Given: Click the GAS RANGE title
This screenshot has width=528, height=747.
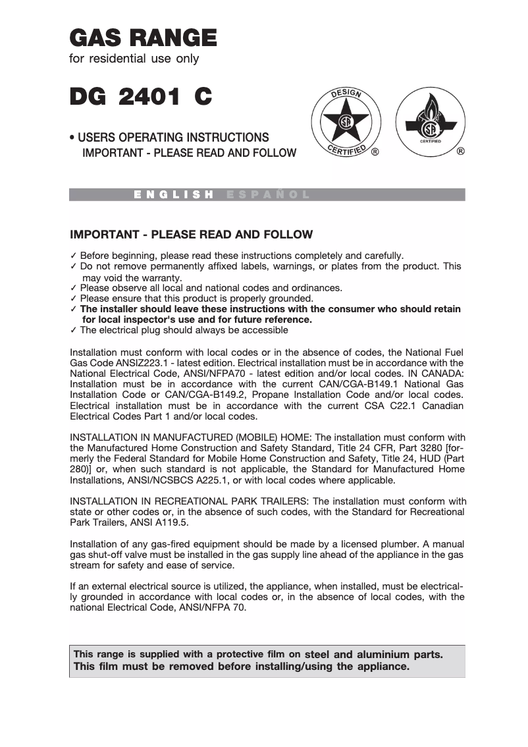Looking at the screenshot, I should tap(143, 37).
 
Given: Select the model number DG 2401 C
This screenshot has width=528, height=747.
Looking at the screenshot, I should tap(141, 97).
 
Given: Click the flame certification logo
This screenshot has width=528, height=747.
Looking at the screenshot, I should tap(431, 122).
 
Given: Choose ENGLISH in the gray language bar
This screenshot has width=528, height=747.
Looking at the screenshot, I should tap(174, 195).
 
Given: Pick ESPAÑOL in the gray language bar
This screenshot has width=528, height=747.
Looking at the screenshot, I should tap(267, 195).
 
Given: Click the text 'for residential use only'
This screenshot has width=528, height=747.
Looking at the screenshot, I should tap(134, 59).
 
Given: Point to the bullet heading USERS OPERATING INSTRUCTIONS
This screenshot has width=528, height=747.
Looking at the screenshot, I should tap(172, 138).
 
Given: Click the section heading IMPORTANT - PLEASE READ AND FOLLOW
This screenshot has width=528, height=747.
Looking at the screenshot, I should tap(191, 235).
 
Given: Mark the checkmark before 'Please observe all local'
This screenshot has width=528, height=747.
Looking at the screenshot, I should tap(74, 288).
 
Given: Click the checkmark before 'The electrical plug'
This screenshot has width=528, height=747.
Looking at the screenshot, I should tap(74, 330).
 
